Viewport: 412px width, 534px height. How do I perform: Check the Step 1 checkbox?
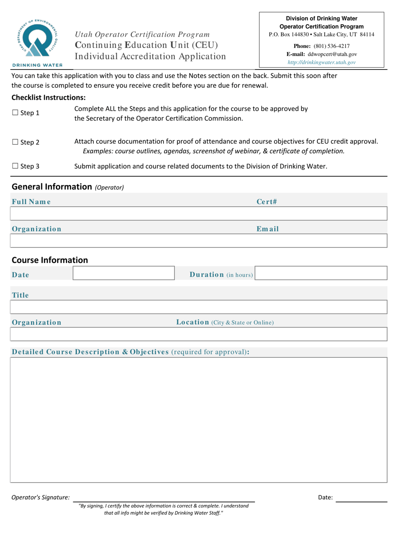(x=14, y=113)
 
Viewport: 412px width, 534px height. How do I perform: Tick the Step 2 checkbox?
(x=14, y=142)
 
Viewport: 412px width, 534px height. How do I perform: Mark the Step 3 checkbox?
(x=14, y=166)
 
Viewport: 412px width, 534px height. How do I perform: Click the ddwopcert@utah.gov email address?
(x=332, y=54)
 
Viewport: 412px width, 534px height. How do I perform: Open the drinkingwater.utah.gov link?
(x=322, y=62)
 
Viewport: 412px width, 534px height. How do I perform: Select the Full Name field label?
(x=31, y=201)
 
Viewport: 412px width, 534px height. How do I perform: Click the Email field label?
(x=267, y=229)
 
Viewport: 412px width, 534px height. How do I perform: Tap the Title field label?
(x=20, y=296)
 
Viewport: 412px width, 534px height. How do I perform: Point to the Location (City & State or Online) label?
(x=225, y=323)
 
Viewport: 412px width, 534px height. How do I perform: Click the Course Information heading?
(x=50, y=260)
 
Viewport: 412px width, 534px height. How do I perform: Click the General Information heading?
(x=67, y=187)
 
